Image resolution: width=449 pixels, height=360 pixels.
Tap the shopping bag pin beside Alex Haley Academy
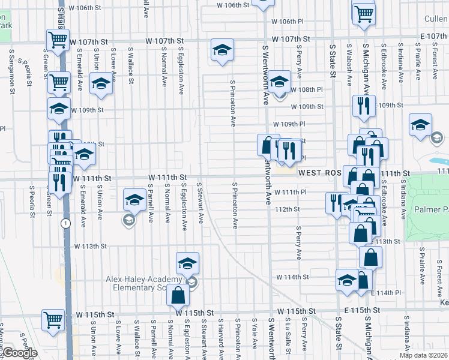tap(178, 295)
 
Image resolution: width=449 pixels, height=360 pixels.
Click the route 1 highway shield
tap(65, 223)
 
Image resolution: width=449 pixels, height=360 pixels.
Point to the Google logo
tap(19, 353)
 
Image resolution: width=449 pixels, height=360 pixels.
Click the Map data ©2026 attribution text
tap(423, 355)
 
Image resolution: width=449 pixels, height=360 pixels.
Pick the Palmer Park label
tap(432, 211)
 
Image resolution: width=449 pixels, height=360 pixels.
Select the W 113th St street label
tap(90, 246)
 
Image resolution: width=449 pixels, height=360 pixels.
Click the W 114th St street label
tap(292, 277)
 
